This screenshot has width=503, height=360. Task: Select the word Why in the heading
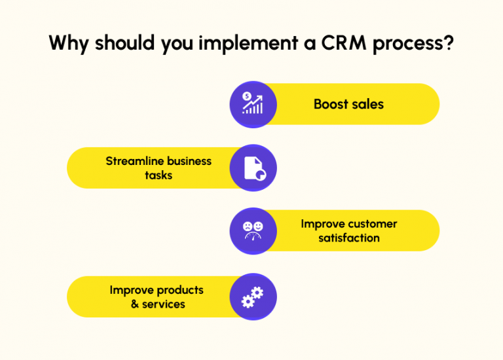pos(69,44)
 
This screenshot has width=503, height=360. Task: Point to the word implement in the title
pos(248,44)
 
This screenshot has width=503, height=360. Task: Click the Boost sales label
pos(348,104)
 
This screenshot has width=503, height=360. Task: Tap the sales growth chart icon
pos(253,103)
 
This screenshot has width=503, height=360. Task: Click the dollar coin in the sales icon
pos(247,96)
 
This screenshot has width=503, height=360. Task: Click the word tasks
pos(158,175)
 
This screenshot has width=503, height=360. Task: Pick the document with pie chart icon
pos(255,168)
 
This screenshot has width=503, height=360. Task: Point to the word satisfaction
pos(349,238)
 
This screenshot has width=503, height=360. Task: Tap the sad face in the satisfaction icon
pos(248,226)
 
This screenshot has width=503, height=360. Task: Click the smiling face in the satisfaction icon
pos(258,226)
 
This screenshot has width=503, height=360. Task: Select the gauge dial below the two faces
pos(253,236)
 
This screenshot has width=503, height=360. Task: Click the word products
pos(180,290)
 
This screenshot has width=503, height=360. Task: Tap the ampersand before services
pos(135,304)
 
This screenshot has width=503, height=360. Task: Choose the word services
pos(164,304)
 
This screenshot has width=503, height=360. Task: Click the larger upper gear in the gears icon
pos(257,293)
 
